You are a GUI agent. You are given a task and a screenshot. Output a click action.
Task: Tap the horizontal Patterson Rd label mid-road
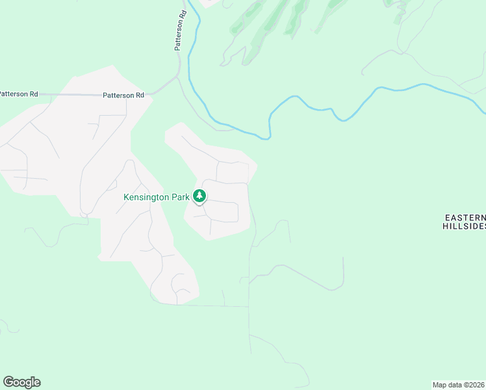(x=123, y=96)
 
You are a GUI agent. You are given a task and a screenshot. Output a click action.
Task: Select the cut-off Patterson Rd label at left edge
(x=18, y=94)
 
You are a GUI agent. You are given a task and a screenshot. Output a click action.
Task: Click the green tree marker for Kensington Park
(x=200, y=196)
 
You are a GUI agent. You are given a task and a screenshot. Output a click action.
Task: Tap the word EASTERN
(x=465, y=217)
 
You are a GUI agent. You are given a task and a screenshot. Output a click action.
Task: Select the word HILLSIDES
(x=464, y=226)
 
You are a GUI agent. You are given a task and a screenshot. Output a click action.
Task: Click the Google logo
(x=21, y=382)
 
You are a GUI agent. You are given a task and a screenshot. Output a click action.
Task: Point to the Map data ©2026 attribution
(x=459, y=385)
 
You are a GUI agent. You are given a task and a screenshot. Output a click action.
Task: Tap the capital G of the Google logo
(x=8, y=382)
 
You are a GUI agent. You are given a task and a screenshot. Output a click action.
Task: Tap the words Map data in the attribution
(x=446, y=385)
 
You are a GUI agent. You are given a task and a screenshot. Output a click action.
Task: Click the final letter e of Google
(x=37, y=383)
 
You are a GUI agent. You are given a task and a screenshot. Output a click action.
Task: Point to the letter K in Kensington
(x=126, y=196)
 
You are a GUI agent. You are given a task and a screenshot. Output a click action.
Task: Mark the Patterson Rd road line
(x=71, y=95)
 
